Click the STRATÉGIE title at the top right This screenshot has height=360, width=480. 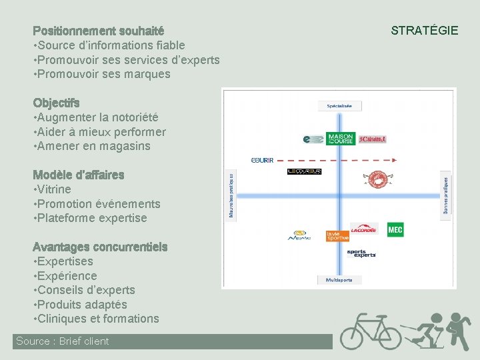424,31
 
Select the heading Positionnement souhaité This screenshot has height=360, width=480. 99,31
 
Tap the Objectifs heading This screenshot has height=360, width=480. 57,103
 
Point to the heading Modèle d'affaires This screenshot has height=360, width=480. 79,175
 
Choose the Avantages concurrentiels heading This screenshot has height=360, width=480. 100,247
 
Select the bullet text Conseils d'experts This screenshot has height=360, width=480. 87,290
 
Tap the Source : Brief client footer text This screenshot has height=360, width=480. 63,341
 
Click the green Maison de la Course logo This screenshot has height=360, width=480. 341,139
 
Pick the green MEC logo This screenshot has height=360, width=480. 395,229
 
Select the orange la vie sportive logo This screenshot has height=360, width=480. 337,236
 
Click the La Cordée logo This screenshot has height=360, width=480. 363,229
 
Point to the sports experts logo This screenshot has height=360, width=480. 361,253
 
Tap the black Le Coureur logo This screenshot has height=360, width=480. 304,171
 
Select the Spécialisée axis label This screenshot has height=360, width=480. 344,105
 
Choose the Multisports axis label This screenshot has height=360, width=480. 339,280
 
